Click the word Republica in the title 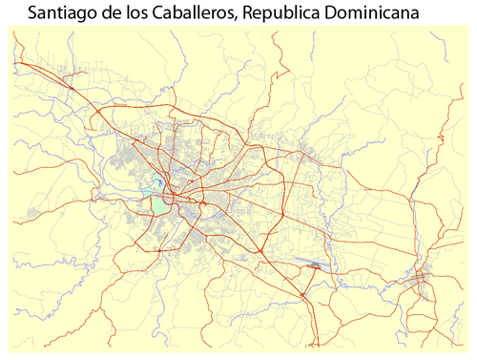[283, 14]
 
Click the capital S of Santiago [34, 14]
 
